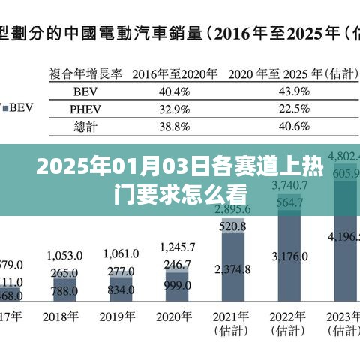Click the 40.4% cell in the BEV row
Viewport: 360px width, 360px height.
(175, 91)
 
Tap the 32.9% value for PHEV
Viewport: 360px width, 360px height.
(175, 109)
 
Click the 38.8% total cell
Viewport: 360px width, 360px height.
(175, 127)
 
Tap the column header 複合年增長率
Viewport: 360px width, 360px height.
(87, 74)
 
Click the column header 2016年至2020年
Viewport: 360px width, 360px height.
(175, 74)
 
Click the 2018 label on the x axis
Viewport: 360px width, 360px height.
(64, 316)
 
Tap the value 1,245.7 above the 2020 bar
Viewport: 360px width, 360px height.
(178, 247)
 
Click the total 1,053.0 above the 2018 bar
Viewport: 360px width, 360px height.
(64, 255)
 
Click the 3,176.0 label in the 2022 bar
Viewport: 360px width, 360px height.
(291, 256)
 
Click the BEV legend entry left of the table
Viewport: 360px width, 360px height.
(16, 107)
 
